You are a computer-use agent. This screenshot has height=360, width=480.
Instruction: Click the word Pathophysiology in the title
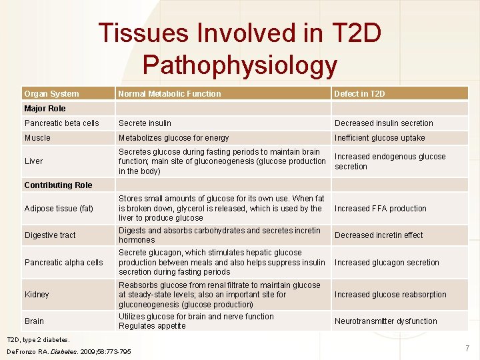pos(240,65)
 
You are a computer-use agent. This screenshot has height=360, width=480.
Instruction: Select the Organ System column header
pos(51,94)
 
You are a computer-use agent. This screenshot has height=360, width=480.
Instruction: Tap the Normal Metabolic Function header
pos(169,94)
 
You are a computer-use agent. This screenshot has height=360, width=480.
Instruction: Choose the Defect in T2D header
pos(359,94)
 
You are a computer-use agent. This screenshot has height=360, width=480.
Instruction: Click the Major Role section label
pos(45,109)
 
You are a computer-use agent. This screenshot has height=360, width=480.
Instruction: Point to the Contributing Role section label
pos(58,185)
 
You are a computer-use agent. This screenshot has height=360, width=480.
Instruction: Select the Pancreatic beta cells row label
pos(61,123)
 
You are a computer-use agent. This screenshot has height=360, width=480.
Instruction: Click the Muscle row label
pos(37,138)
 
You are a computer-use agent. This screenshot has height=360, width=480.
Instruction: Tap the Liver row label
pos(33,161)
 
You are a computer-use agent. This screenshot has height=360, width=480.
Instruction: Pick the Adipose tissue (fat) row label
pos(59,209)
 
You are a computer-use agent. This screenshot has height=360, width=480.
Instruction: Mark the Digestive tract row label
pos(50,235)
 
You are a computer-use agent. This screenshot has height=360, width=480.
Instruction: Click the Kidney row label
pos(37,295)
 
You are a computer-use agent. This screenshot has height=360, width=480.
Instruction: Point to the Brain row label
pos(34,321)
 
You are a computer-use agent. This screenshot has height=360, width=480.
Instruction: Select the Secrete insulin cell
pos(145,123)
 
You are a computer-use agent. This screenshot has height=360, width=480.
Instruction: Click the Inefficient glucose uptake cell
pos(379,138)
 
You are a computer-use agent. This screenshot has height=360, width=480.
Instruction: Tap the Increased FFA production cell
pos(380,209)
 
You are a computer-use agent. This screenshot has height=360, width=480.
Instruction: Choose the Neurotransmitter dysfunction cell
pos(385,321)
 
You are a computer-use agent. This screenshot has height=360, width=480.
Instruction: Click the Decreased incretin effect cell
pos(379,235)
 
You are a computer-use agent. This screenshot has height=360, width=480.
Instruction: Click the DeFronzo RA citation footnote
pos(69,351)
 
